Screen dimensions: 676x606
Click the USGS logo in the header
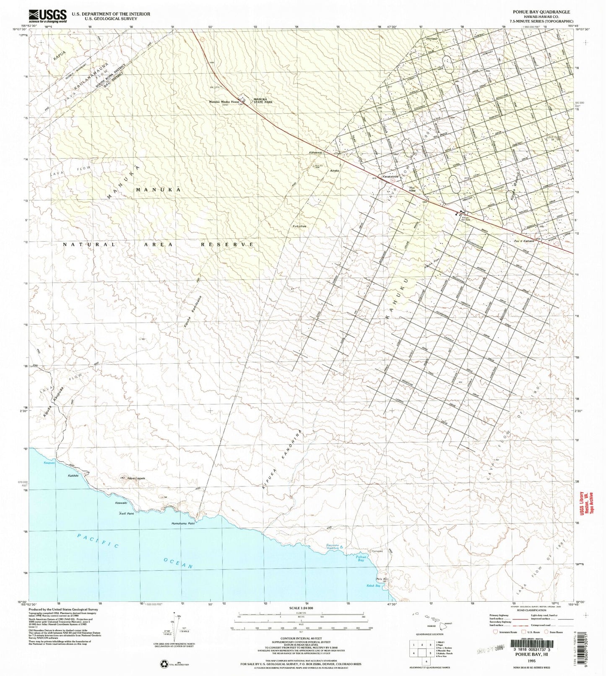point(48,16)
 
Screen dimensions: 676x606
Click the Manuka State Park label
point(264,101)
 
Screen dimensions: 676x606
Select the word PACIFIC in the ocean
point(99,541)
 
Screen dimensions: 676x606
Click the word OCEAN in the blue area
point(178,563)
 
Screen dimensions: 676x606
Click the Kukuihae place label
point(300,226)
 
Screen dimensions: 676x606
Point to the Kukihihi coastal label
point(73,476)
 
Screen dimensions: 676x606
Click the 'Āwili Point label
point(126,513)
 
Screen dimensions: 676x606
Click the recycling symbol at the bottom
point(164,664)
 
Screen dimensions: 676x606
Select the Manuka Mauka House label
point(225,102)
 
